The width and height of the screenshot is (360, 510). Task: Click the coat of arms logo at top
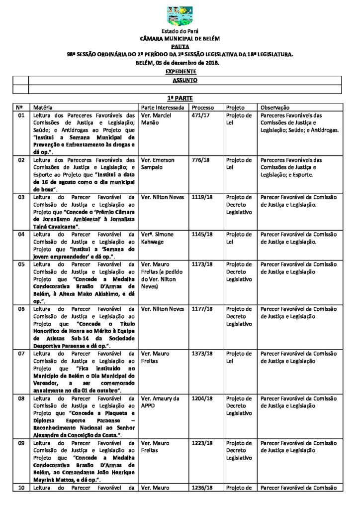(180, 16)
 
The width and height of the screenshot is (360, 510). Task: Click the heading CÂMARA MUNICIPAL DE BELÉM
(180, 38)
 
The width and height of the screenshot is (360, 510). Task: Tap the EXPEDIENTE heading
(180, 71)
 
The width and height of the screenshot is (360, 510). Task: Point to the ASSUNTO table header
(184, 80)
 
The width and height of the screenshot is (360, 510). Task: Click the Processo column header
(203, 107)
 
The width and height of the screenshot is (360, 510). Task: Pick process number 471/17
(200, 116)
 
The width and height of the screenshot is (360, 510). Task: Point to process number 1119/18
(202, 197)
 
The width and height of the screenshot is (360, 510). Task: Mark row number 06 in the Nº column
(21, 309)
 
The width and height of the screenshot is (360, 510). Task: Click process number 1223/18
(202, 443)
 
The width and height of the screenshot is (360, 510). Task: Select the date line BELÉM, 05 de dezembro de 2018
(180, 63)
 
